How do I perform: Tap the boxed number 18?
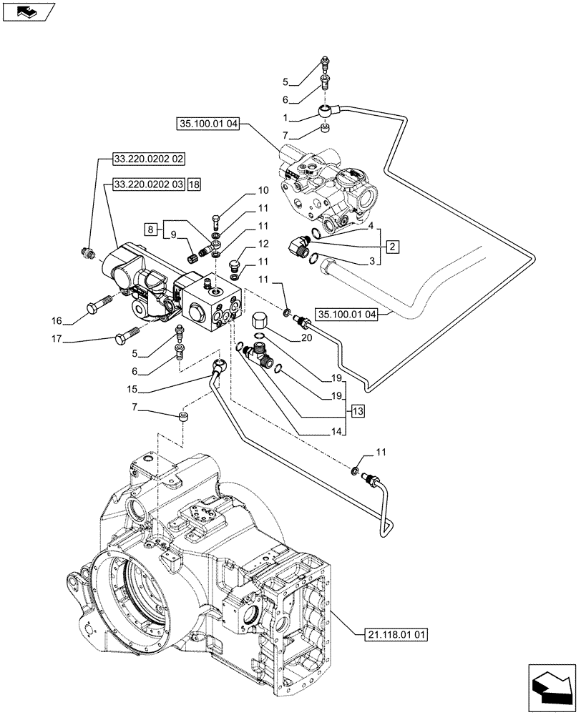pyautogui.click(x=195, y=184)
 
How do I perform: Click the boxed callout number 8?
pyautogui.click(x=150, y=230)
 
